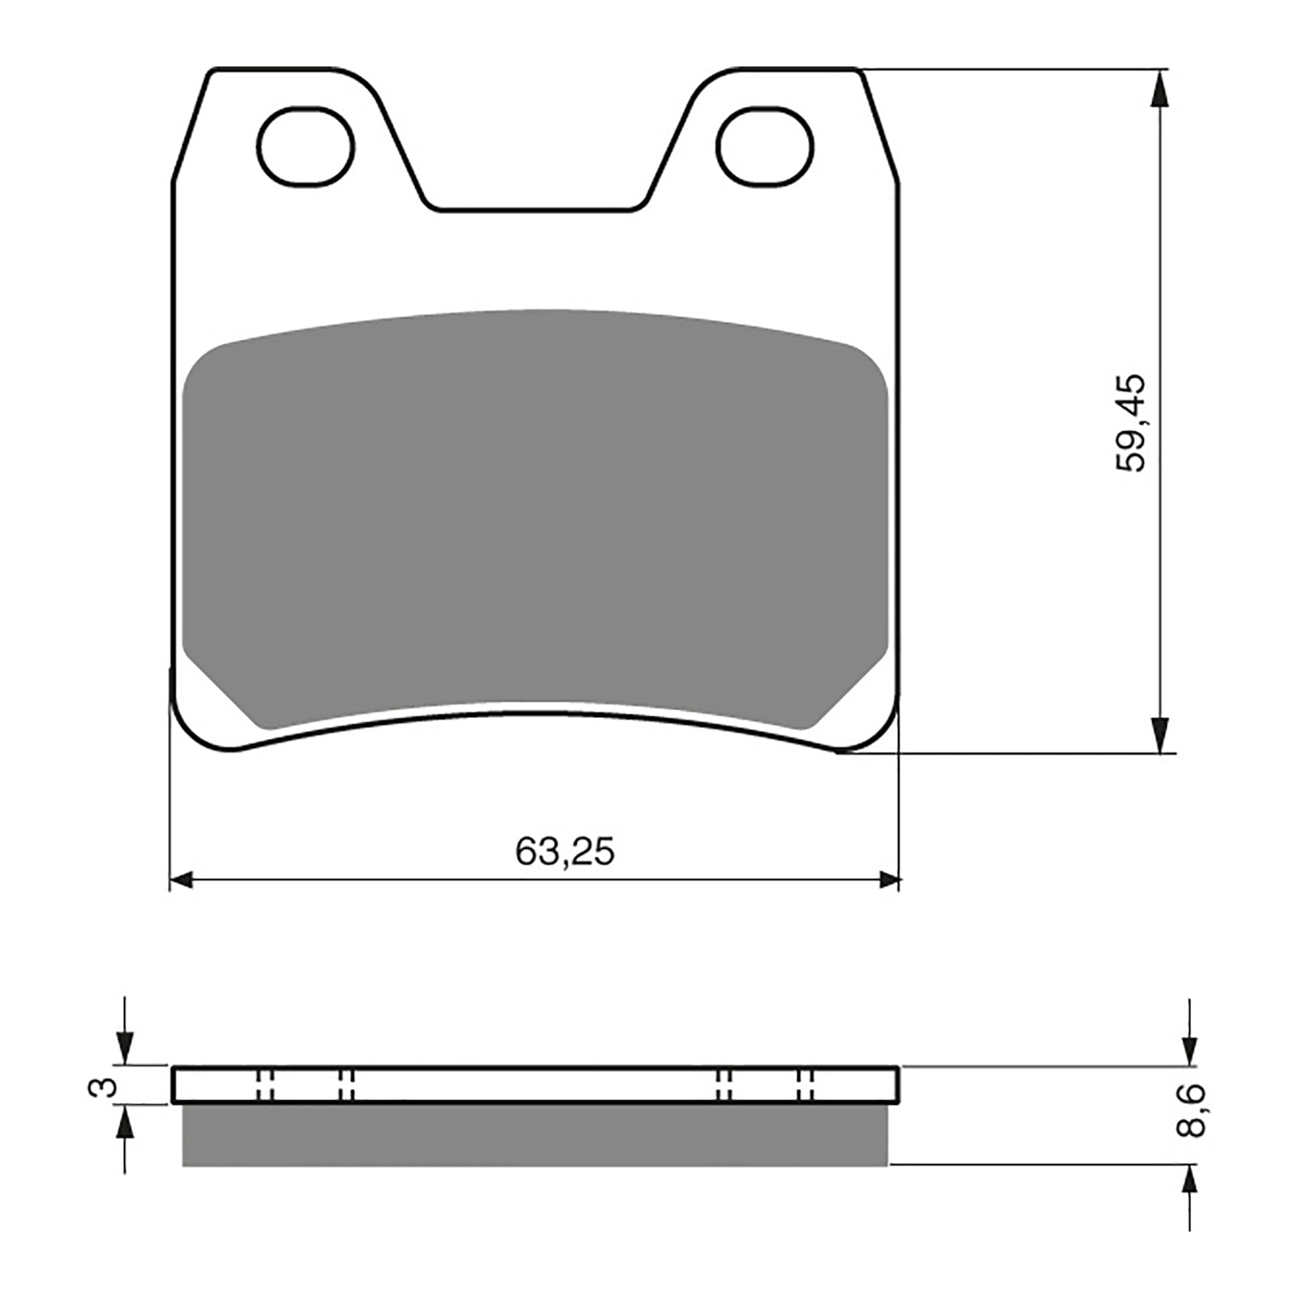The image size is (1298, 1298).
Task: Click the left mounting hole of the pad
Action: click(307, 146)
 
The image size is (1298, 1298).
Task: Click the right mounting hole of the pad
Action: click(765, 146)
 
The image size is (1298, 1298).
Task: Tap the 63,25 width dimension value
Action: click(565, 851)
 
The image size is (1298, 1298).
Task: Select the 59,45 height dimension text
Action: click(1130, 423)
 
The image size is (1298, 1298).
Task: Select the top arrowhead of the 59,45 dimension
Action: click(1161, 88)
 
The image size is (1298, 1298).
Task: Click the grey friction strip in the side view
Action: click(535, 1135)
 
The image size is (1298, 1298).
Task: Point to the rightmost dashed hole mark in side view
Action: click(806, 1085)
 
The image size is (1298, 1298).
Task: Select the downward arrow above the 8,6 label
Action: click(1188, 1047)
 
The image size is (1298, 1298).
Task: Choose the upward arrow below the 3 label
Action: click(125, 1127)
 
